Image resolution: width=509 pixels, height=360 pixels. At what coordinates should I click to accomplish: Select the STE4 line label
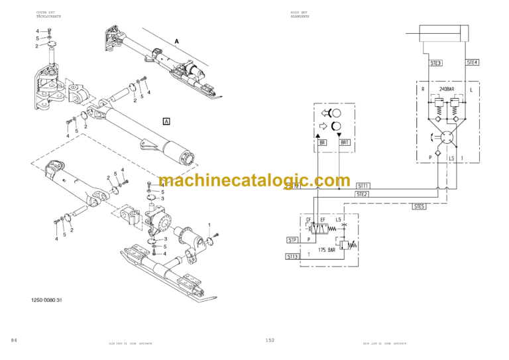click(472, 62)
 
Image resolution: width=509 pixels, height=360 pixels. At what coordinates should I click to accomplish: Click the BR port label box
click(322, 143)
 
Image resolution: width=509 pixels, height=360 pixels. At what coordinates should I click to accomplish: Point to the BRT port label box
click(344, 143)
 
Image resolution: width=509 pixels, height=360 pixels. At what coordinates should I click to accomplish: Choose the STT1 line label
click(363, 186)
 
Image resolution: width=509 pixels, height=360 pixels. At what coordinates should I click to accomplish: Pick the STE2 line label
click(361, 194)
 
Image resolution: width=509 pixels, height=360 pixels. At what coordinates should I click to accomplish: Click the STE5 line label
click(419, 206)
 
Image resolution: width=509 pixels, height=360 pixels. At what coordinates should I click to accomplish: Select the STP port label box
click(292, 239)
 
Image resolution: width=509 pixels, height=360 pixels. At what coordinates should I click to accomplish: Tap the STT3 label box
click(292, 255)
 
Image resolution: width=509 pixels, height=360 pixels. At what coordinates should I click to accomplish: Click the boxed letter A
click(166, 121)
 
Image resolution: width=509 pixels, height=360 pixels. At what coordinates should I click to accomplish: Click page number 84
click(14, 340)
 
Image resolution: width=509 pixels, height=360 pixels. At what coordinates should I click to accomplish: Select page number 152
click(270, 340)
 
